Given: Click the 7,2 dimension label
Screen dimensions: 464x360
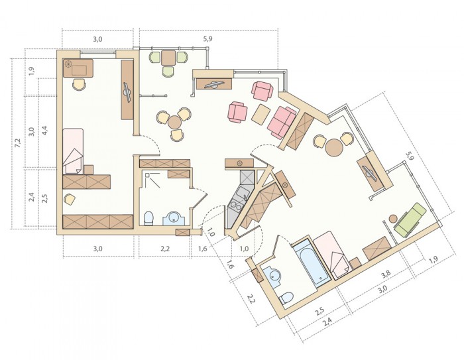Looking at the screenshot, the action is coord(18,143).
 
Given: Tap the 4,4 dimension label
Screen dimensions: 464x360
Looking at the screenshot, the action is coord(45,131).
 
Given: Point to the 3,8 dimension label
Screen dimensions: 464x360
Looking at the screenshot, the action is coord(386,275).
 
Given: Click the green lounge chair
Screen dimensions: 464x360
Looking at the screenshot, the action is coord(411,219).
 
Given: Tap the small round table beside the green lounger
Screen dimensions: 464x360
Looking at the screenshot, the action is coord(393,219).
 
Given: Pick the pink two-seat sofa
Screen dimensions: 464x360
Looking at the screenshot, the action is coord(281,122).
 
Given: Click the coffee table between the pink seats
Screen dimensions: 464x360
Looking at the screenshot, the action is coord(261,114).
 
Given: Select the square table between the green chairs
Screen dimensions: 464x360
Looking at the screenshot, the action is coord(168,58).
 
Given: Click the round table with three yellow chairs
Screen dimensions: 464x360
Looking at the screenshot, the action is coord(174,122).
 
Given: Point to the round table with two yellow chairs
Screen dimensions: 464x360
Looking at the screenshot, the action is coord(334,147).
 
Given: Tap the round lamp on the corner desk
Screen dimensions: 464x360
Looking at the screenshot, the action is coord(68,64).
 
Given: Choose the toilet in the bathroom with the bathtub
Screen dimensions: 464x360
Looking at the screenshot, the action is coord(286,298).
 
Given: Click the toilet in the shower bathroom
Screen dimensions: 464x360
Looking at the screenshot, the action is coord(148,217).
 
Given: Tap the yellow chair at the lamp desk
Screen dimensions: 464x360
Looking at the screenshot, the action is coord(80,84).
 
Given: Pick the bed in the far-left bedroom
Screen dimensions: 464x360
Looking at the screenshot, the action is coord(73,150).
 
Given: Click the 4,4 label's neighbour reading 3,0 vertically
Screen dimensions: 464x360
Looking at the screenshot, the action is coord(32,131).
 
